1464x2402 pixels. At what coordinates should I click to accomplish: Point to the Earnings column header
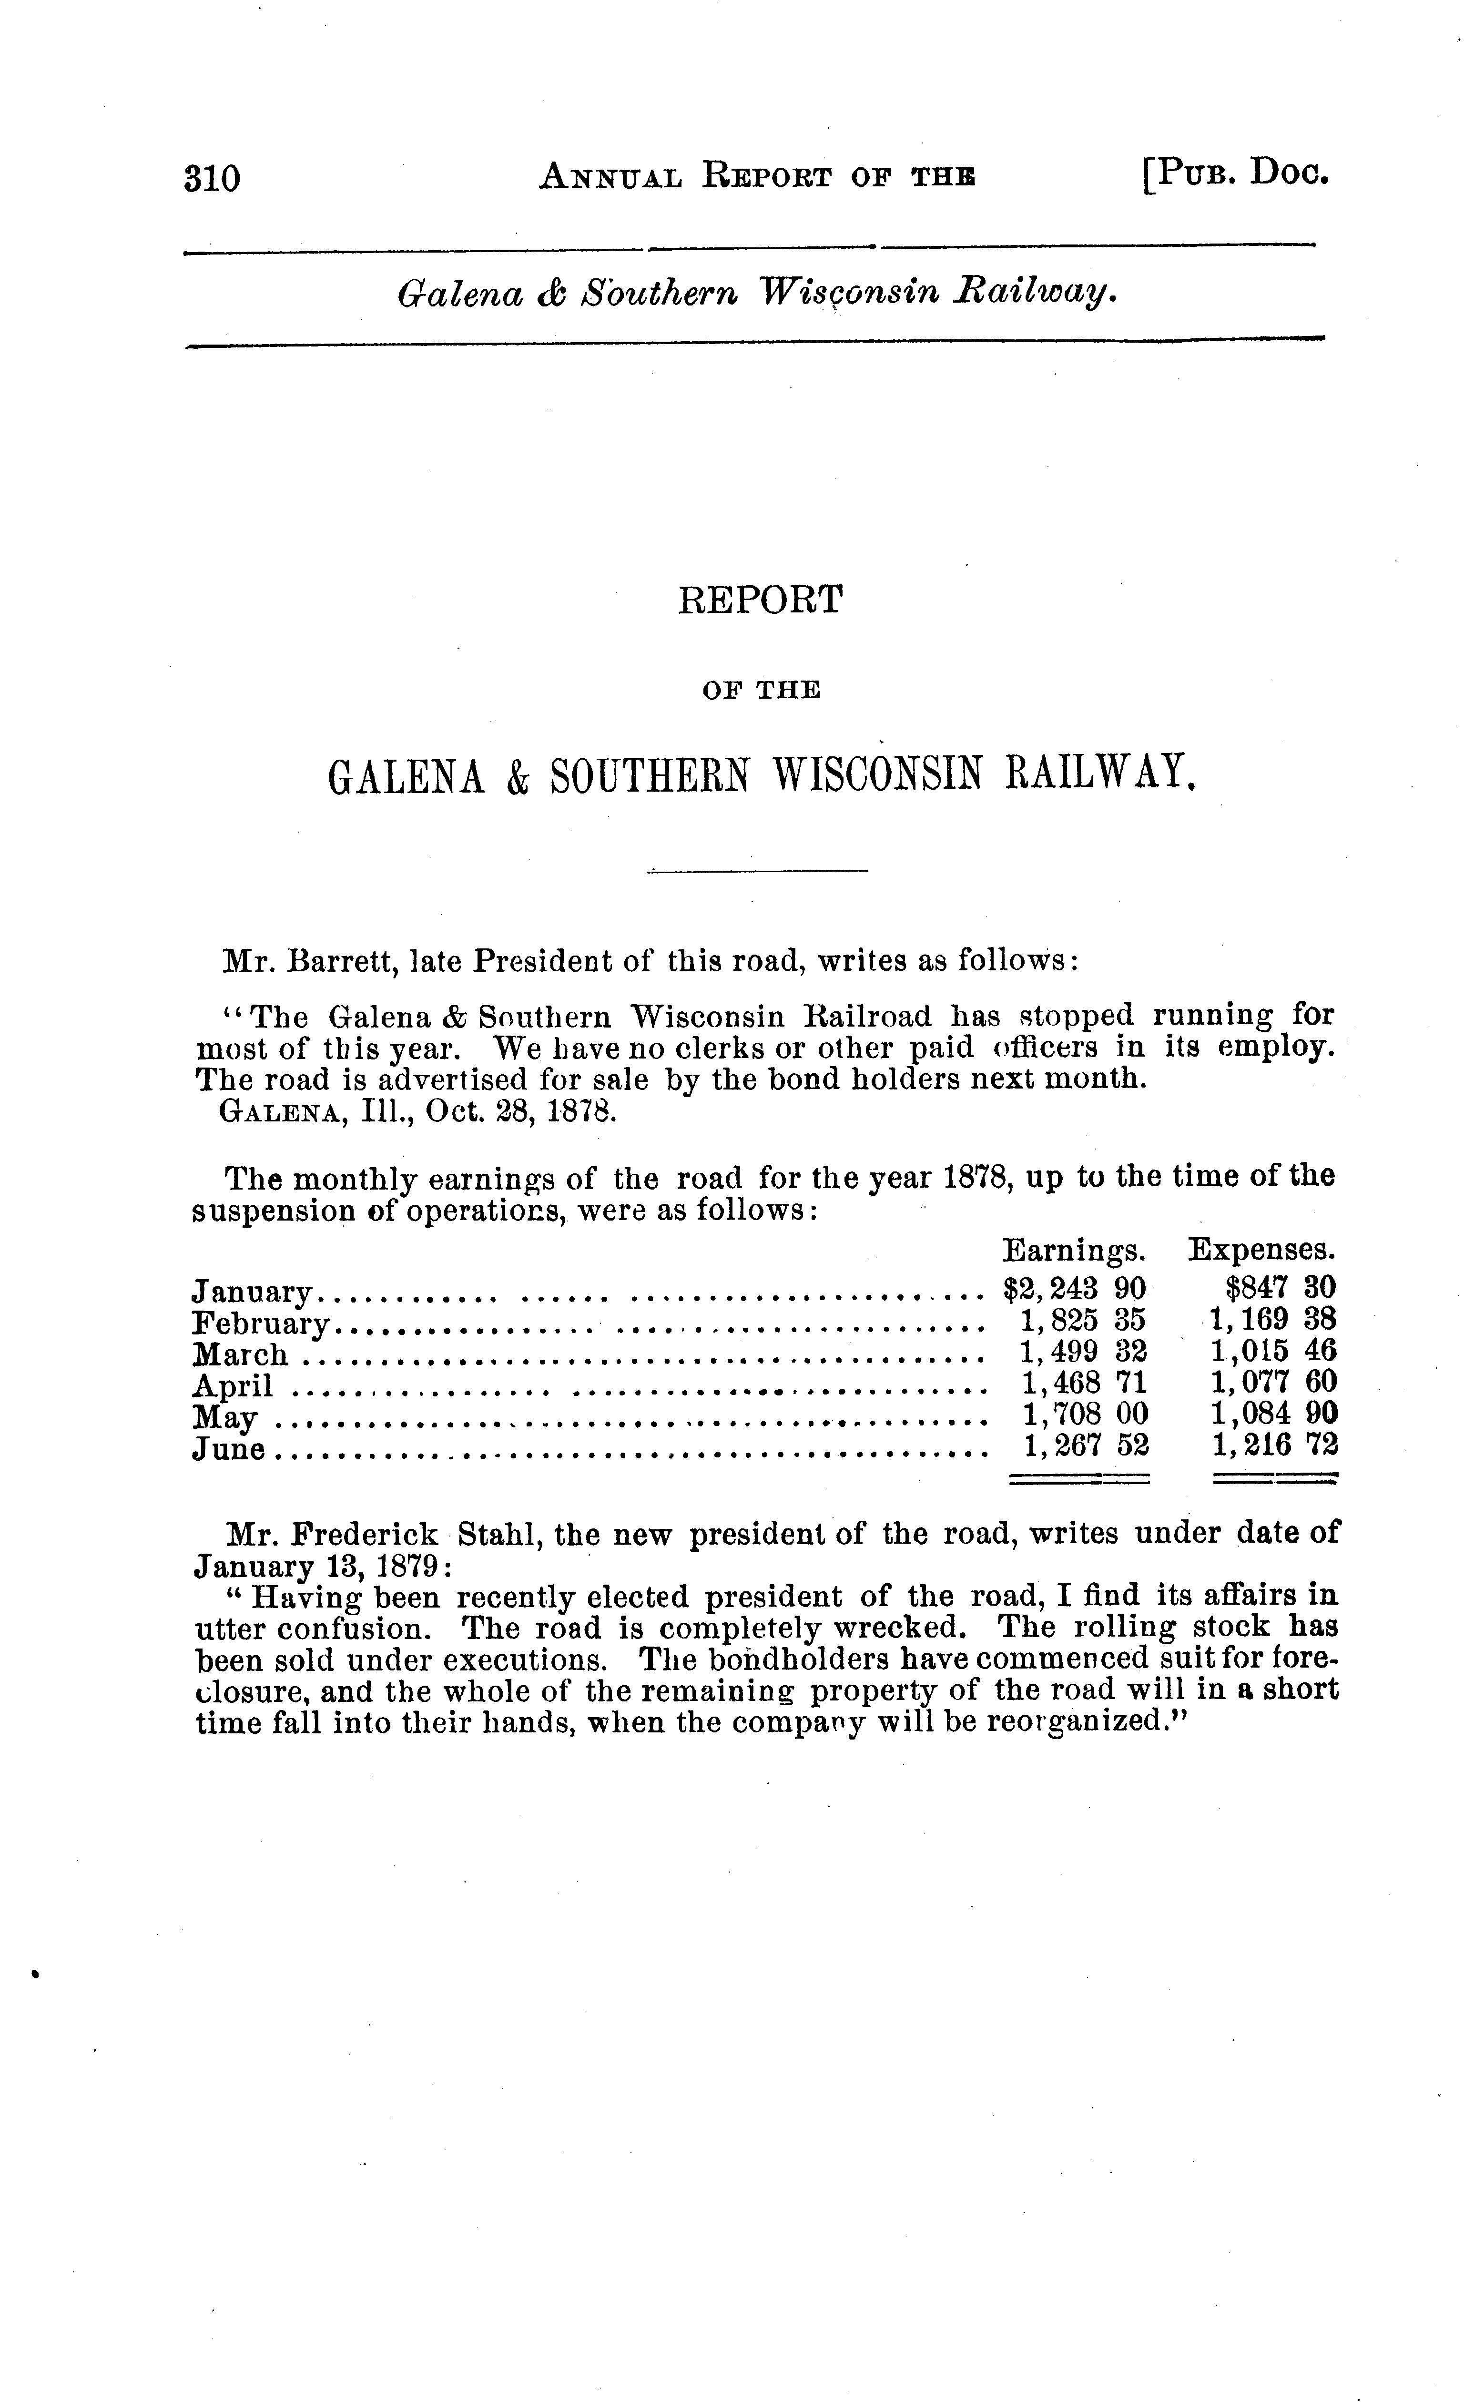(1073, 1250)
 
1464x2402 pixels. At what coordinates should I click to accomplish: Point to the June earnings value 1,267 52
(1085, 1445)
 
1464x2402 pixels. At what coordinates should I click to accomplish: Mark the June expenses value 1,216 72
(1274, 1445)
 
